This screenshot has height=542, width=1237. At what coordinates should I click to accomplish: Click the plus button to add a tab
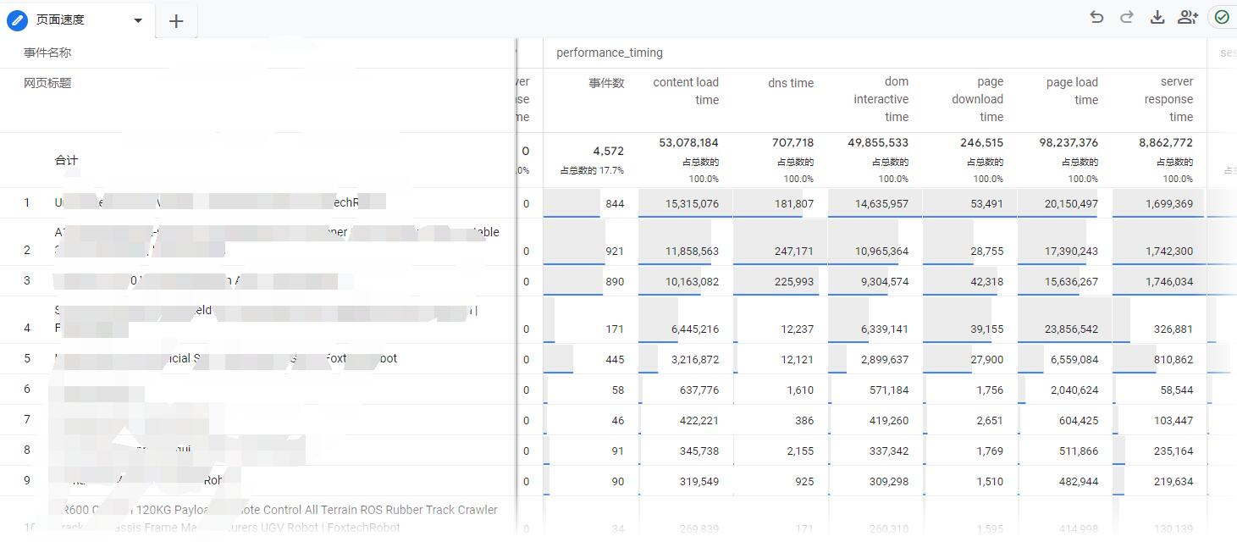coord(176,21)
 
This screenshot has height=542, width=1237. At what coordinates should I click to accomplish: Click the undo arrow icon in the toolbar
coord(1096,17)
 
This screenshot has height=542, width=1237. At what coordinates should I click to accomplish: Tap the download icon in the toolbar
coord(1157,17)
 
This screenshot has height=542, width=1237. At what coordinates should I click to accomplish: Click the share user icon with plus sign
coord(1187,17)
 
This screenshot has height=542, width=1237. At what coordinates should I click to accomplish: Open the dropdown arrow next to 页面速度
coord(138,20)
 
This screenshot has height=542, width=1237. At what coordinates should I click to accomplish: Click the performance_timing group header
coord(609,53)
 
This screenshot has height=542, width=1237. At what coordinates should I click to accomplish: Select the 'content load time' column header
coord(686,91)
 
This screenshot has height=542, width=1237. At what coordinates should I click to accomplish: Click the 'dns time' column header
coord(790,83)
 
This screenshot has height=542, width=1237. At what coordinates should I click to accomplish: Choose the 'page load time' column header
coord(1072,91)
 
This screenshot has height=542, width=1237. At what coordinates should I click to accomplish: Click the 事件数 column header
coord(606,83)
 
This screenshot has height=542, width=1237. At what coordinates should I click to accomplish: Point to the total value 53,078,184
coord(688,142)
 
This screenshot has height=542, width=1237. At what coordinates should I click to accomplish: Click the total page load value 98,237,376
coord(1069,142)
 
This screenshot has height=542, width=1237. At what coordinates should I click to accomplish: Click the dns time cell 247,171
coord(793,251)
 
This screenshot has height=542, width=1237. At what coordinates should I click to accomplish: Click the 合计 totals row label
coord(66,160)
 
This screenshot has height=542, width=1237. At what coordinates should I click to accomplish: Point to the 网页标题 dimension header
coord(47,83)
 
